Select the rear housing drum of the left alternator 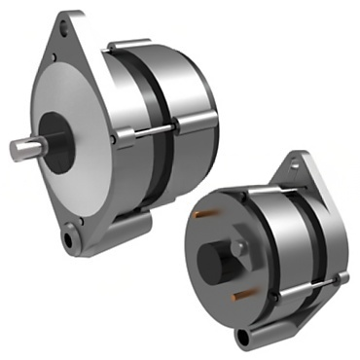[195, 107]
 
